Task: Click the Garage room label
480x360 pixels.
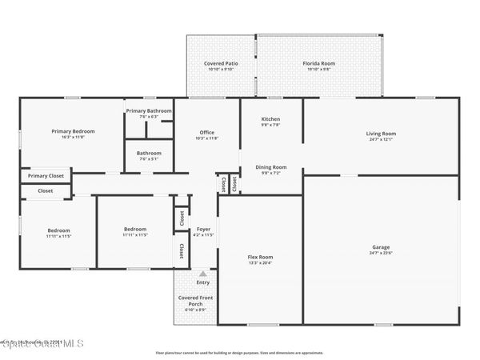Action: click(x=381, y=247)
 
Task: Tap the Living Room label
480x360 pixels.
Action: click(x=381, y=134)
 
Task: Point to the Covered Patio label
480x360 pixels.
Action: click(x=221, y=63)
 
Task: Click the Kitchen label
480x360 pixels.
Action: click(x=270, y=119)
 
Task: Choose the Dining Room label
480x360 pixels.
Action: click(x=270, y=167)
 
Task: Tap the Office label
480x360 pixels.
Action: click(x=206, y=133)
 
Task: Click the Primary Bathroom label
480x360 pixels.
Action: click(x=149, y=110)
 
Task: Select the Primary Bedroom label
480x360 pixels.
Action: click(x=73, y=131)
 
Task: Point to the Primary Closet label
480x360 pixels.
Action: click(x=46, y=176)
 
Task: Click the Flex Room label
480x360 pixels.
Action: click(x=260, y=257)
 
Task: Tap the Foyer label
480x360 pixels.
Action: click(x=203, y=229)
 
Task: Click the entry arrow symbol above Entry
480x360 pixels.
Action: click(x=202, y=274)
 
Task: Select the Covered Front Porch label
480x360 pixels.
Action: click(x=195, y=302)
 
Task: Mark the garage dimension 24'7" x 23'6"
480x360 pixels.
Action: click(x=381, y=254)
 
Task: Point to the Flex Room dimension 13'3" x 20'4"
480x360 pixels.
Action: click(x=260, y=263)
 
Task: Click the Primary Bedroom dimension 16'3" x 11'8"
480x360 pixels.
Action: click(x=73, y=138)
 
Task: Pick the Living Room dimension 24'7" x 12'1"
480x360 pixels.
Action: click(x=381, y=140)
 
